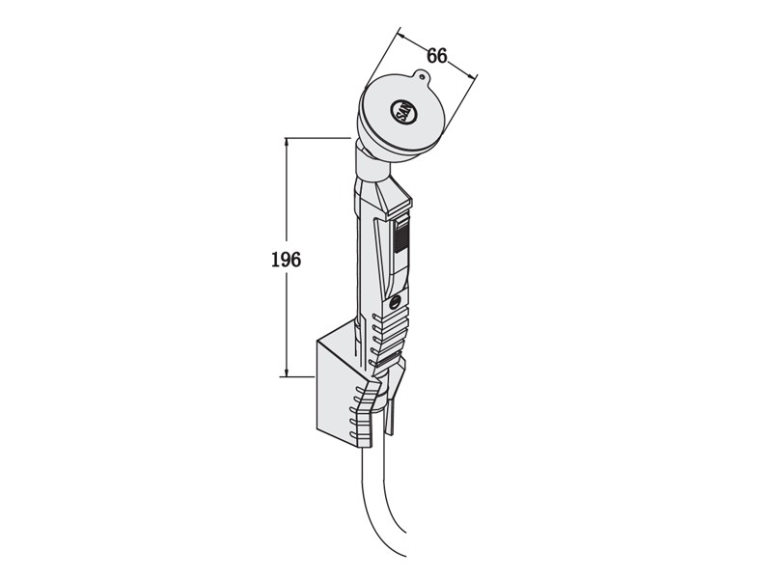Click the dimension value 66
point(437,56)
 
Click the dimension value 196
point(286,259)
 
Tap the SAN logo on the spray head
point(403,112)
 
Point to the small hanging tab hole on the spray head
point(422,76)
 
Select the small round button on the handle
point(396,303)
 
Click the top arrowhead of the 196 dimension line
point(287,142)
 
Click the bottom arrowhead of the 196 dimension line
point(287,372)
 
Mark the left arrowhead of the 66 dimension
point(400,36)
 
